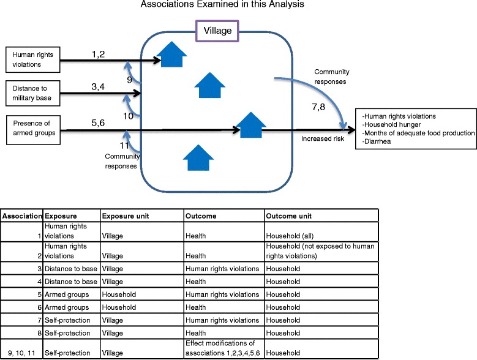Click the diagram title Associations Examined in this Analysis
pos(238,6)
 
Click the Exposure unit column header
pos(125,216)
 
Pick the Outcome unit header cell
pos(285,216)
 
